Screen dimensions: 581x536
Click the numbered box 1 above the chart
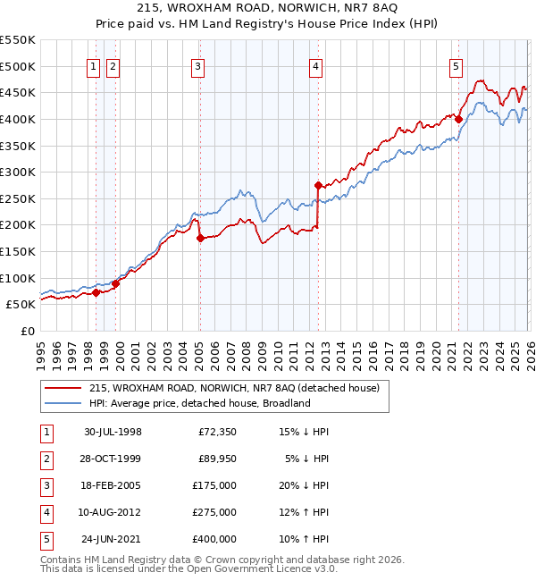coord(95,65)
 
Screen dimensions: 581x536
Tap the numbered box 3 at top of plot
coord(197,65)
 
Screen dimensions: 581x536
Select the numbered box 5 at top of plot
coord(456,65)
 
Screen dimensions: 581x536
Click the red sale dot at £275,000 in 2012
coord(318,185)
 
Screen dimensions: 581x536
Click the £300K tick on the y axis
coord(18,172)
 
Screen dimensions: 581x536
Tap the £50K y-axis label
coord(21,304)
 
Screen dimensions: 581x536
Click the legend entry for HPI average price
coord(199,403)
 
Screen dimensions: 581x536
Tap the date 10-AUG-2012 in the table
coord(113,512)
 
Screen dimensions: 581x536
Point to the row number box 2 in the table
coord(44,459)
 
